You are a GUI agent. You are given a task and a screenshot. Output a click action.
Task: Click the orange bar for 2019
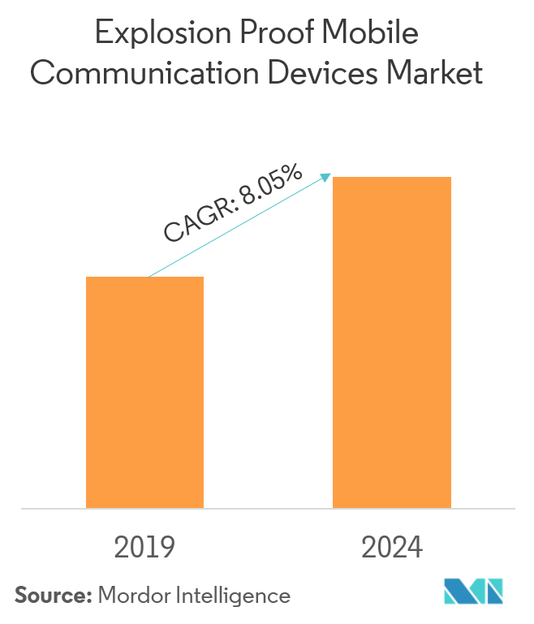144,392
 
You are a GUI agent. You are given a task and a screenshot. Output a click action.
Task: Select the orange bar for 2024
392,342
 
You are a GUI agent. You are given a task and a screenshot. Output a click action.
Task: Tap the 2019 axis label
145,548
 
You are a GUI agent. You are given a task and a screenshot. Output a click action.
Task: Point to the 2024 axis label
393,548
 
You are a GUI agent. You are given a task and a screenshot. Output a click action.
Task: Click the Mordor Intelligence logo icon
474,592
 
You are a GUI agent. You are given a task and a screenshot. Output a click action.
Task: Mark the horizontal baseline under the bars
267,509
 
